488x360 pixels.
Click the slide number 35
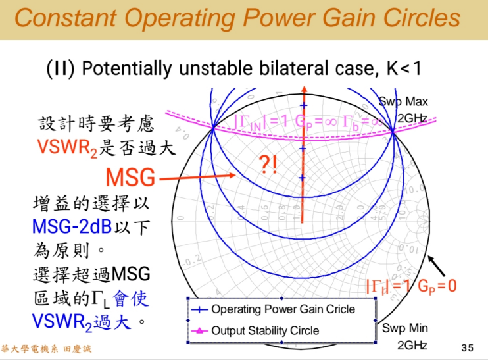[x=468, y=347]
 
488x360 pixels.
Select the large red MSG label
[x=130, y=178]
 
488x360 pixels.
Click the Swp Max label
[x=403, y=102]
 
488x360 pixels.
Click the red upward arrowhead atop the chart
[x=303, y=90]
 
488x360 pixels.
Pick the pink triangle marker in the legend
[x=199, y=330]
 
